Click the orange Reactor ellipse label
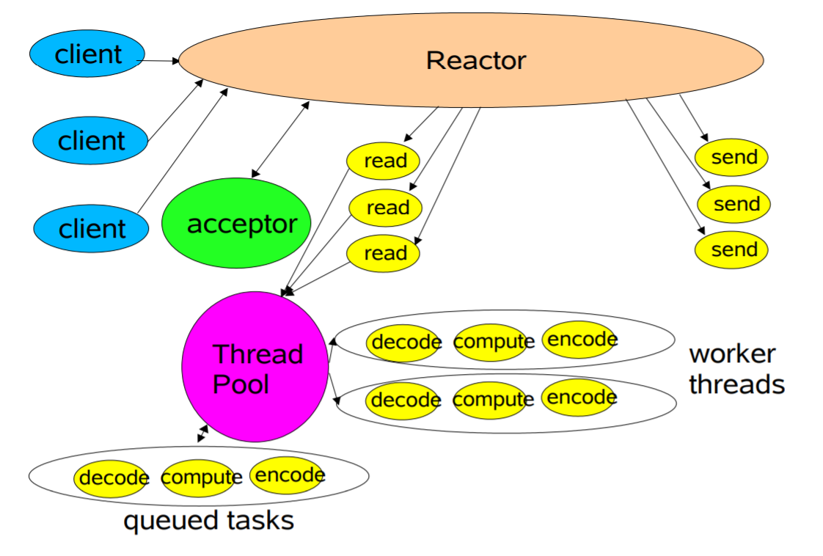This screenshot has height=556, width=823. pyautogui.click(x=475, y=60)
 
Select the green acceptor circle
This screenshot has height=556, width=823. pyautogui.click(x=236, y=223)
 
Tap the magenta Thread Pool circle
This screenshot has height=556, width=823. pyautogui.click(x=255, y=367)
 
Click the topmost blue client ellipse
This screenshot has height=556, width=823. pyautogui.click(x=87, y=54)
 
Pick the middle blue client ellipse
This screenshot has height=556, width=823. pyautogui.click(x=91, y=140)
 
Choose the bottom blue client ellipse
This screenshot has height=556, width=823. pyautogui.click(x=91, y=228)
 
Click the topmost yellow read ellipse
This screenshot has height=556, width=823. pyautogui.click(x=382, y=161)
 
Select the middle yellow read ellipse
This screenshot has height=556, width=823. pyautogui.click(x=386, y=208)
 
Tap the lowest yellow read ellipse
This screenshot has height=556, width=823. pyautogui.click(x=383, y=254)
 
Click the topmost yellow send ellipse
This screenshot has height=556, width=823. pyautogui.click(x=731, y=158)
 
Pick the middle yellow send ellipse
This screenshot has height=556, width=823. pyautogui.click(x=734, y=204)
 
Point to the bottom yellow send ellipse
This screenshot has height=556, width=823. pyautogui.click(x=731, y=249)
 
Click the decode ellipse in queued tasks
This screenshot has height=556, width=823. pyautogui.click(x=111, y=478)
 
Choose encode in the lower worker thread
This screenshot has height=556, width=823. pyautogui.click(x=579, y=398)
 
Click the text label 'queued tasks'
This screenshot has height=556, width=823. pyautogui.click(x=208, y=521)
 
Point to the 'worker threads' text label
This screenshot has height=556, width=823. pyautogui.click(x=736, y=369)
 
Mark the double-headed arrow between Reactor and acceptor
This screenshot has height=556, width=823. pyautogui.click(x=280, y=139)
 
